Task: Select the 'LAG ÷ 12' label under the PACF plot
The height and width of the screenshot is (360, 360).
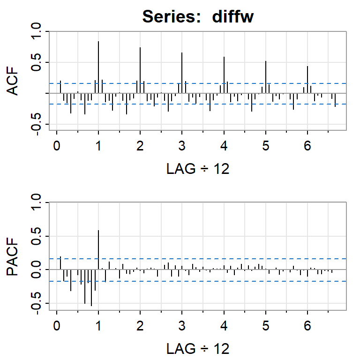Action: [198, 348]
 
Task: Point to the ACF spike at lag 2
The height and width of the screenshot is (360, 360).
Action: [140, 70]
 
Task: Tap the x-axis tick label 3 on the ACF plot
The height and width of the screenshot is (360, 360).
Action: [182, 146]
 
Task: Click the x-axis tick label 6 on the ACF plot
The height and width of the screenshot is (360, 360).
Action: [307, 146]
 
